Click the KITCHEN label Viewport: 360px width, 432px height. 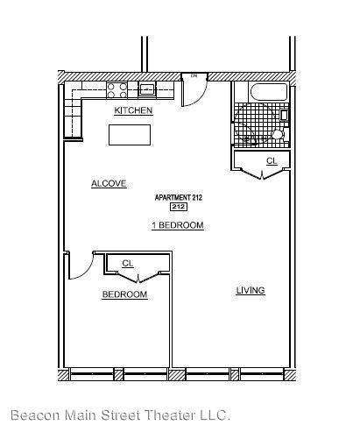(x=134, y=111)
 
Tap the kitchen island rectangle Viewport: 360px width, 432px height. (x=130, y=134)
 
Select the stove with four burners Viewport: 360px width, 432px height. (x=116, y=89)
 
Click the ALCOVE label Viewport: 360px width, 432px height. (x=109, y=183)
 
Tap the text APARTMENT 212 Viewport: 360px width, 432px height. (x=179, y=198)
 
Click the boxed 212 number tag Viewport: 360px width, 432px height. (x=178, y=208)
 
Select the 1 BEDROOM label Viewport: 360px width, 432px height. (x=178, y=225)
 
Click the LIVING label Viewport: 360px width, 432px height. (x=251, y=290)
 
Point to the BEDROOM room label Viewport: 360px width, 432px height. (x=124, y=294)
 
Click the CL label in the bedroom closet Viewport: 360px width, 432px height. (x=128, y=263)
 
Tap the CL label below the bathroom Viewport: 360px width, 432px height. (x=272, y=161)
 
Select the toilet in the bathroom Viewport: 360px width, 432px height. (x=277, y=134)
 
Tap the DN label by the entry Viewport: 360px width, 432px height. (x=194, y=76)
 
